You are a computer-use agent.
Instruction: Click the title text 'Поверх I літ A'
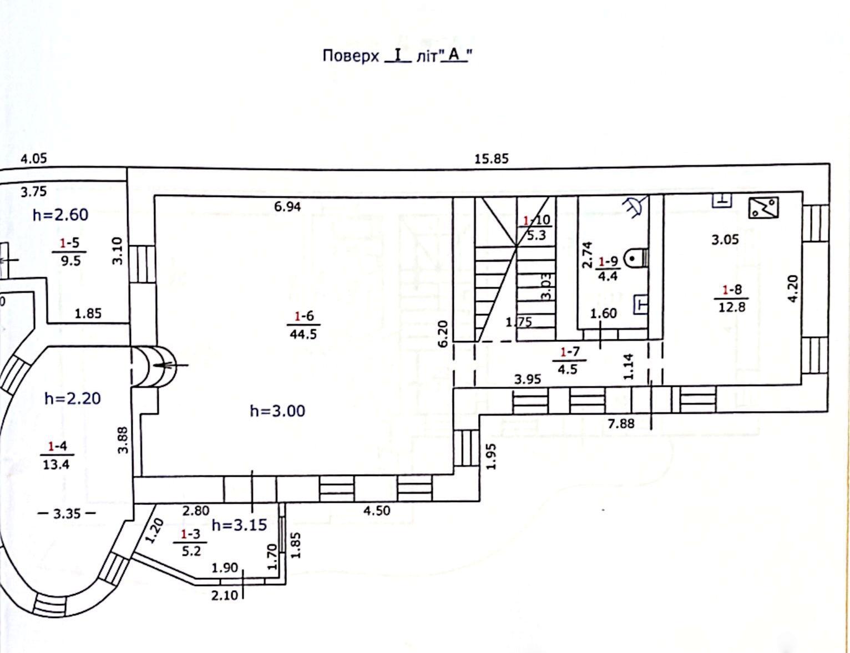click(x=397, y=56)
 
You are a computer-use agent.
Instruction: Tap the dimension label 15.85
click(x=492, y=159)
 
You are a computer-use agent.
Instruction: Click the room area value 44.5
click(x=303, y=335)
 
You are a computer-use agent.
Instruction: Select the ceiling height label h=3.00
click(x=277, y=411)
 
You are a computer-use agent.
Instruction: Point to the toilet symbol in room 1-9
click(x=636, y=259)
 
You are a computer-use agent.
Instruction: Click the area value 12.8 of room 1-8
click(x=732, y=307)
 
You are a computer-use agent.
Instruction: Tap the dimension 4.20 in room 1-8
click(x=792, y=288)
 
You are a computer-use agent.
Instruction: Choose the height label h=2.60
click(x=60, y=215)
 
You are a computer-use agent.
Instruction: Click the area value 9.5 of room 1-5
click(x=70, y=260)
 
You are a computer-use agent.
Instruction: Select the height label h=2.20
click(x=73, y=398)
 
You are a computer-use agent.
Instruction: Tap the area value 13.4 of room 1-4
click(x=56, y=464)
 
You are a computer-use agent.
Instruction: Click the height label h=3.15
click(x=239, y=525)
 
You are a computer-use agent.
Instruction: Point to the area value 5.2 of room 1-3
click(x=191, y=551)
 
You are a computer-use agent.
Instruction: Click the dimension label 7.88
click(x=621, y=423)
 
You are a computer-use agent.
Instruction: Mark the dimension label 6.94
click(x=287, y=206)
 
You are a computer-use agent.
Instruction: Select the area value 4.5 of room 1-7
click(x=568, y=369)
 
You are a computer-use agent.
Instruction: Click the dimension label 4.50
click(x=377, y=510)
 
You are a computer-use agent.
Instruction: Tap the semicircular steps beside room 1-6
click(x=154, y=366)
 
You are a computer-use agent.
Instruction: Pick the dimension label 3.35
click(x=67, y=513)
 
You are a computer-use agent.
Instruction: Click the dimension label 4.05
click(x=34, y=158)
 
